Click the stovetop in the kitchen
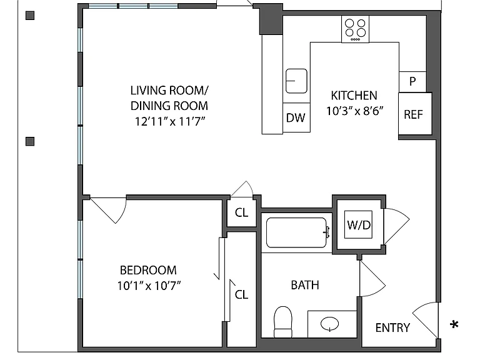coord(355,29)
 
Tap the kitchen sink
coord(296,81)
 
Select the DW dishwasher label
coord(296,118)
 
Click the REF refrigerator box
coord(415,114)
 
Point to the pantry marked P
coord(412,82)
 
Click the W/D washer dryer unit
coord(359,225)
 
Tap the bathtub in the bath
coord(297,232)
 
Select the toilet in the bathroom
coord(283,322)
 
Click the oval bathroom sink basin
coord(330,324)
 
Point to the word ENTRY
coord(392,328)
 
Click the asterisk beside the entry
coord(454,324)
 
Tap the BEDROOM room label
coord(148,270)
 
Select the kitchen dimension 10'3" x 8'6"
coord(355,111)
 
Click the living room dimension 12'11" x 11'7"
coord(170,121)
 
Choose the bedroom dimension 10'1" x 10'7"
coord(149,286)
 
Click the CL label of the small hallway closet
coord(241,212)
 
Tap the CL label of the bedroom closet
coord(241,294)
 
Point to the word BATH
coord(305,285)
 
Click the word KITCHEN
coord(354,96)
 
